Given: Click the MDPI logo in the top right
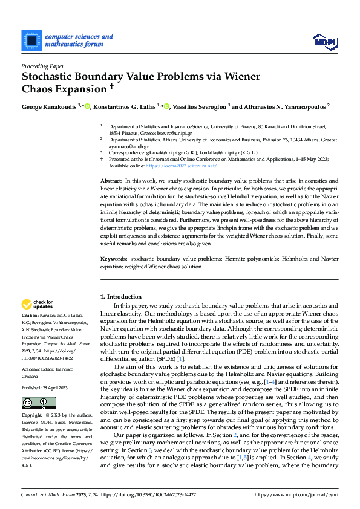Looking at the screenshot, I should click(324, 41).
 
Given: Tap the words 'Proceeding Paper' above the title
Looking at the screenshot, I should click(43, 66).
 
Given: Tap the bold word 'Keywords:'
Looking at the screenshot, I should click(114, 259).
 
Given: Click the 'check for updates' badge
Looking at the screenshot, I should click(37, 304).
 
